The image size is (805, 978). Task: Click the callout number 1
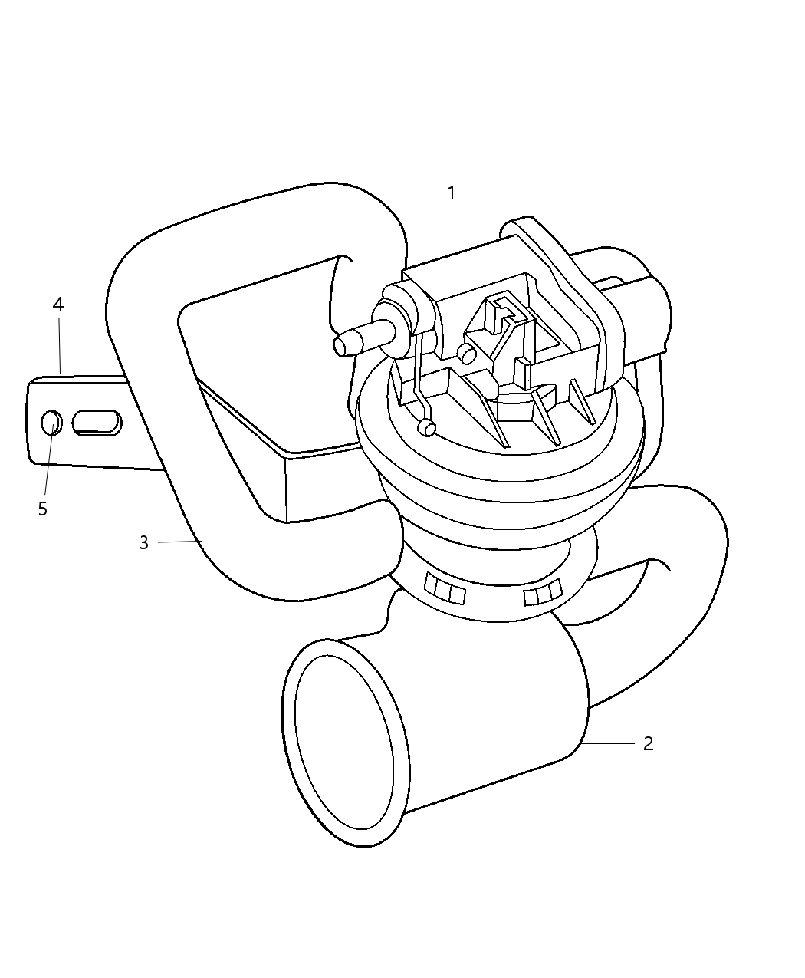[452, 193]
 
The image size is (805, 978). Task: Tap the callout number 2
[648, 743]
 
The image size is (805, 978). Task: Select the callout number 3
[143, 543]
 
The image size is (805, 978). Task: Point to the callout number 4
[58, 304]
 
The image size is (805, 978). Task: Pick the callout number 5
[43, 509]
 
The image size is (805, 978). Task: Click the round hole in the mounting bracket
[51, 422]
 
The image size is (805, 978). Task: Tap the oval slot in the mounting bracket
[96, 423]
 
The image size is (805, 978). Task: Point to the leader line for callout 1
[452, 226]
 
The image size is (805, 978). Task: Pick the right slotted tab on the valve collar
[542, 593]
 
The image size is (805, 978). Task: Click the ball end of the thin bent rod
[427, 428]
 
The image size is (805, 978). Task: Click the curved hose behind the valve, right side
[675, 583]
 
